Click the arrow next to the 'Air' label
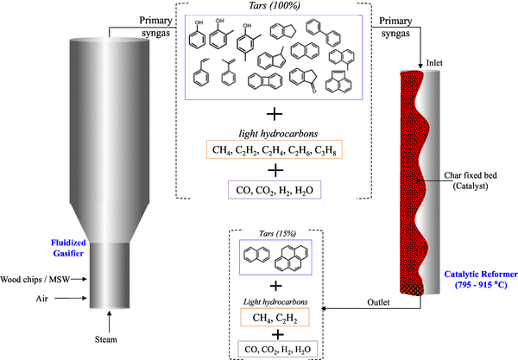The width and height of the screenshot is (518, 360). click(76, 298)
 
